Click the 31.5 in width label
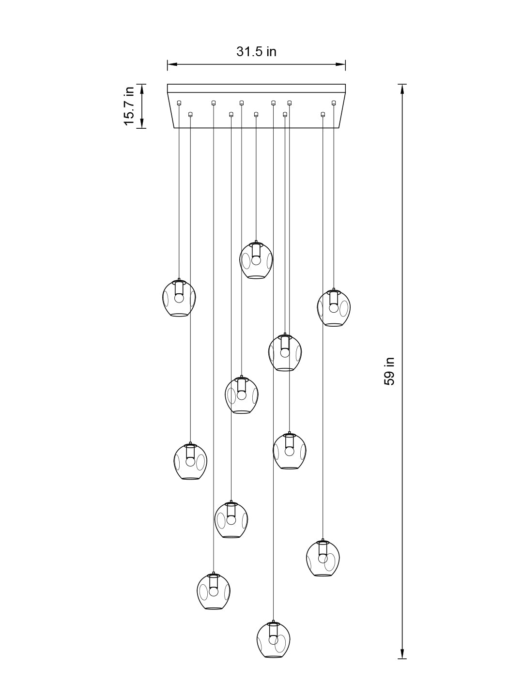click(x=256, y=52)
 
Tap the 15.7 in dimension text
click(x=129, y=106)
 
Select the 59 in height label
click(x=389, y=371)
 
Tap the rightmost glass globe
click(x=333, y=308)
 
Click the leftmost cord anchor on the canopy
click(x=179, y=102)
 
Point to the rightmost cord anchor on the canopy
click(x=334, y=102)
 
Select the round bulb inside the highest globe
click(x=256, y=260)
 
